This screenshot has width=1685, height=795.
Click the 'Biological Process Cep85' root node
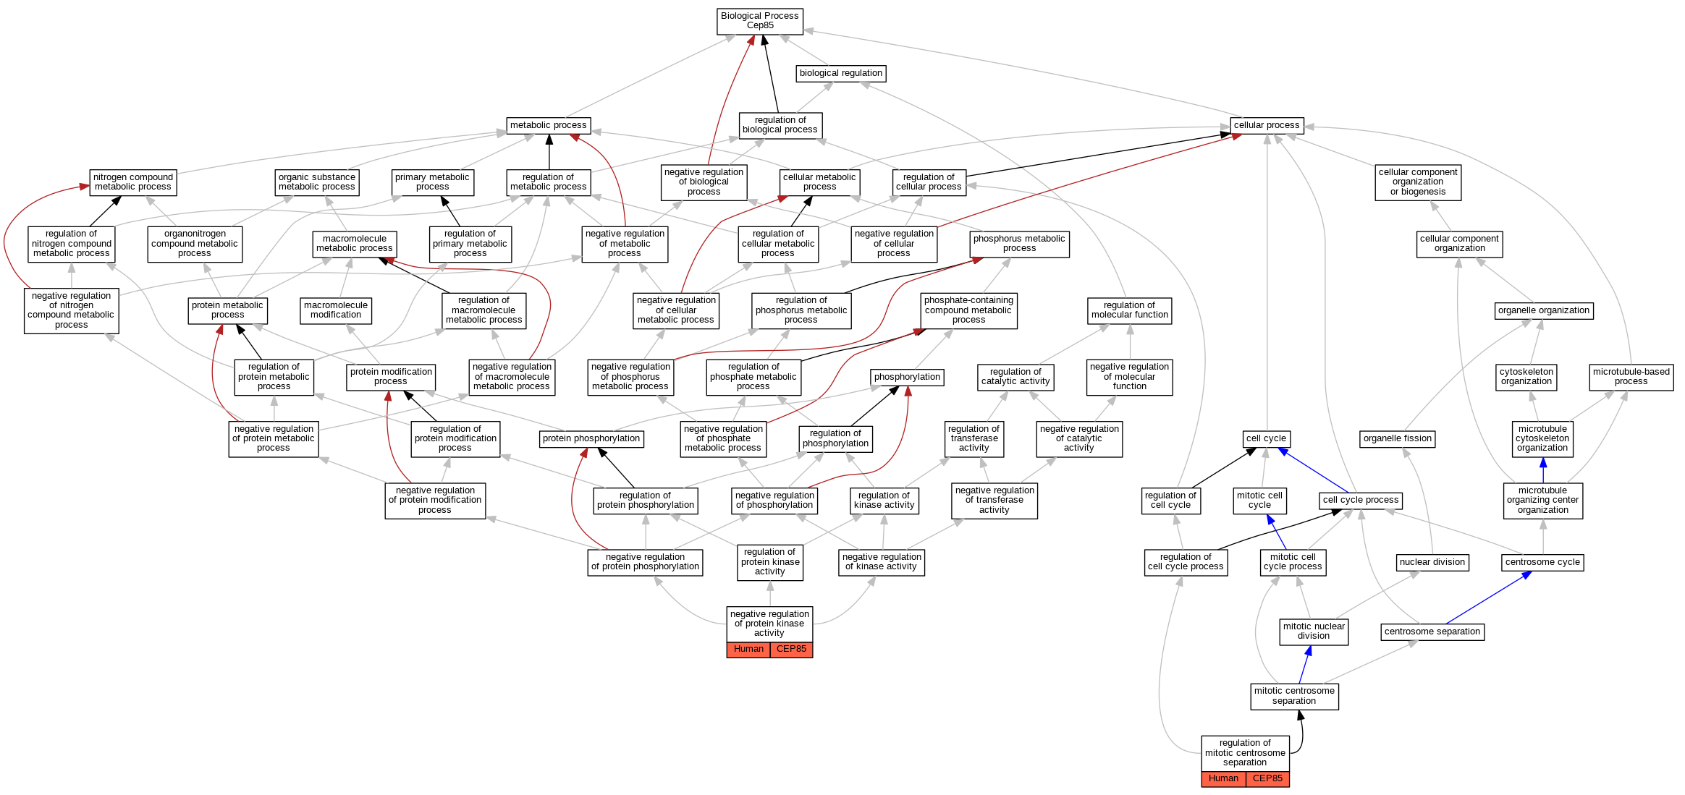pyautogui.click(x=759, y=21)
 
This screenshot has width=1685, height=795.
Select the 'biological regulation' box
pyautogui.click(x=840, y=73)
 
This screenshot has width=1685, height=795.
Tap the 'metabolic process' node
pyautogui.click(x=548, y=125)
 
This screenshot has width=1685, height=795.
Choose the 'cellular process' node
pyautogui.click(x=1267, y=125)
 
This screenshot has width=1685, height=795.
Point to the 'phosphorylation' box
pyautogui.click(x=907, y=377)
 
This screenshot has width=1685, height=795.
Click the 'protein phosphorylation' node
pyautogui.click(x=591, y=438)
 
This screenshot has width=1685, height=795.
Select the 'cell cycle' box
pyautogui.click(x=1266, y=438)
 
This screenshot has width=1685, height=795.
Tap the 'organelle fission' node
pyautogui.click(x=1397, y=438)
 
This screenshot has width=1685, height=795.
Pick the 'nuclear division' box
pyautogui.click(x=1432, y=562)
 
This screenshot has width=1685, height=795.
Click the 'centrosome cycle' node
pyautogui.click(x=1542, y=562)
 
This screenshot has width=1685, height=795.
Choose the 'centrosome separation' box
pyautogui.click(x=1432, y=632)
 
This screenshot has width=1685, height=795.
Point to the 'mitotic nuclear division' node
pyautogui.click(x=1314, y=632)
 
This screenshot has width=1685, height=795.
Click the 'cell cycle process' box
pyautogui.click(x=1360, y=500)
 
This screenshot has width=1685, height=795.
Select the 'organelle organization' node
pyautogui.click(x=1544, y=310)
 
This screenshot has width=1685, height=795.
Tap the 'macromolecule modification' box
pyautogui.click(x=336, y=310)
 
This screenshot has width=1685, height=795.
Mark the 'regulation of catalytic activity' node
pyautogui.click(x=1015, y=377)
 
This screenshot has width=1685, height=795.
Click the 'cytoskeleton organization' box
pyautogui.click(x=1526, y=377)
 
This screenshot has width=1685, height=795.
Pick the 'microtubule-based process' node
pyautogui.click(x=1631, y=377)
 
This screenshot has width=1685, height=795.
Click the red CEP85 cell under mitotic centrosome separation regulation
pyautogui.click(x=1267, y=779)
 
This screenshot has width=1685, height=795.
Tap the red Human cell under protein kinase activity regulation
pyautogui.click(x=748, y=650)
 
